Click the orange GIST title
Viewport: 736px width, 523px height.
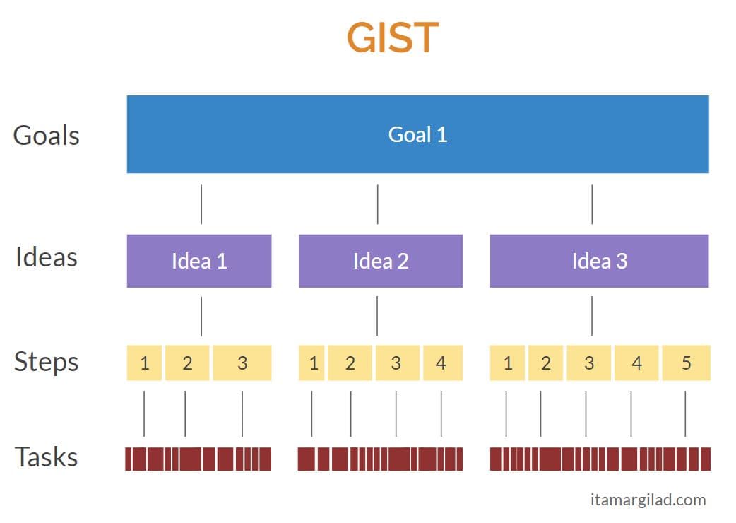click(x=392, y=38)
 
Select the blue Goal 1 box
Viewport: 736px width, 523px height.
click(x=417, y=134)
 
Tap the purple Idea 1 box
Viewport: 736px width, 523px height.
click(x=199, y=261)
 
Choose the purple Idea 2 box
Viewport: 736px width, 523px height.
click(x=381, y=261)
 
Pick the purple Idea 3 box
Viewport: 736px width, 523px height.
click(x=599, y=261)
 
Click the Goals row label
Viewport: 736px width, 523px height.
click(x=47, y=135)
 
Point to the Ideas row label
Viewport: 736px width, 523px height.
click(x=47, y=257)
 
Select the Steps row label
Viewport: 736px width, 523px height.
click(x=47, y=362)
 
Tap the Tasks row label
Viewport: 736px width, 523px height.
click(x=47, y=457)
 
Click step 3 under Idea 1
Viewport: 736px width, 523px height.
click(x=242, y=363)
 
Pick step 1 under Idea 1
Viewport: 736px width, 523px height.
click(x=145, y=363)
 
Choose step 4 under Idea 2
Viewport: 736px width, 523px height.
click(x=441, y=363)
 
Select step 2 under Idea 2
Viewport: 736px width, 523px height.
click(x=350, y=363)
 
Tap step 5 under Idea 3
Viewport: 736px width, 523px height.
click(x=686, y=363)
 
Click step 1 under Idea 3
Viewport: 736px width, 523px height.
click(x=507, y=363)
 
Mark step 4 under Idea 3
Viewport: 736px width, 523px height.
click(x=636, y=363)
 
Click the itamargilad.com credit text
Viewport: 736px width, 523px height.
click(x=648, y=500)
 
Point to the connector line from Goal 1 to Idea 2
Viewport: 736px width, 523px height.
click(x=377, y=204)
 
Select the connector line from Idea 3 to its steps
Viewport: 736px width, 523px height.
click(x=592, y=316)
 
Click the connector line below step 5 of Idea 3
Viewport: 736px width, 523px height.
click(x=685, y=413)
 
